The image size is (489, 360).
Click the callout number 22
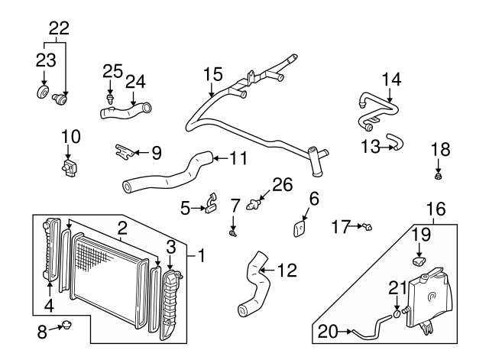coord(59,29)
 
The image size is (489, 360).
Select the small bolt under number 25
coord(112,99)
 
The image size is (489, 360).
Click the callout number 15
coord(212,75)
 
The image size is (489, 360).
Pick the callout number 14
coord(390,79)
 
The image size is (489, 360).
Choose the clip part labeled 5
coord(210,206)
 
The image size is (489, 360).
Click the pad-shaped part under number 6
coord(301,227)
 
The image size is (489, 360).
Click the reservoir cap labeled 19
coord(419,261)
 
